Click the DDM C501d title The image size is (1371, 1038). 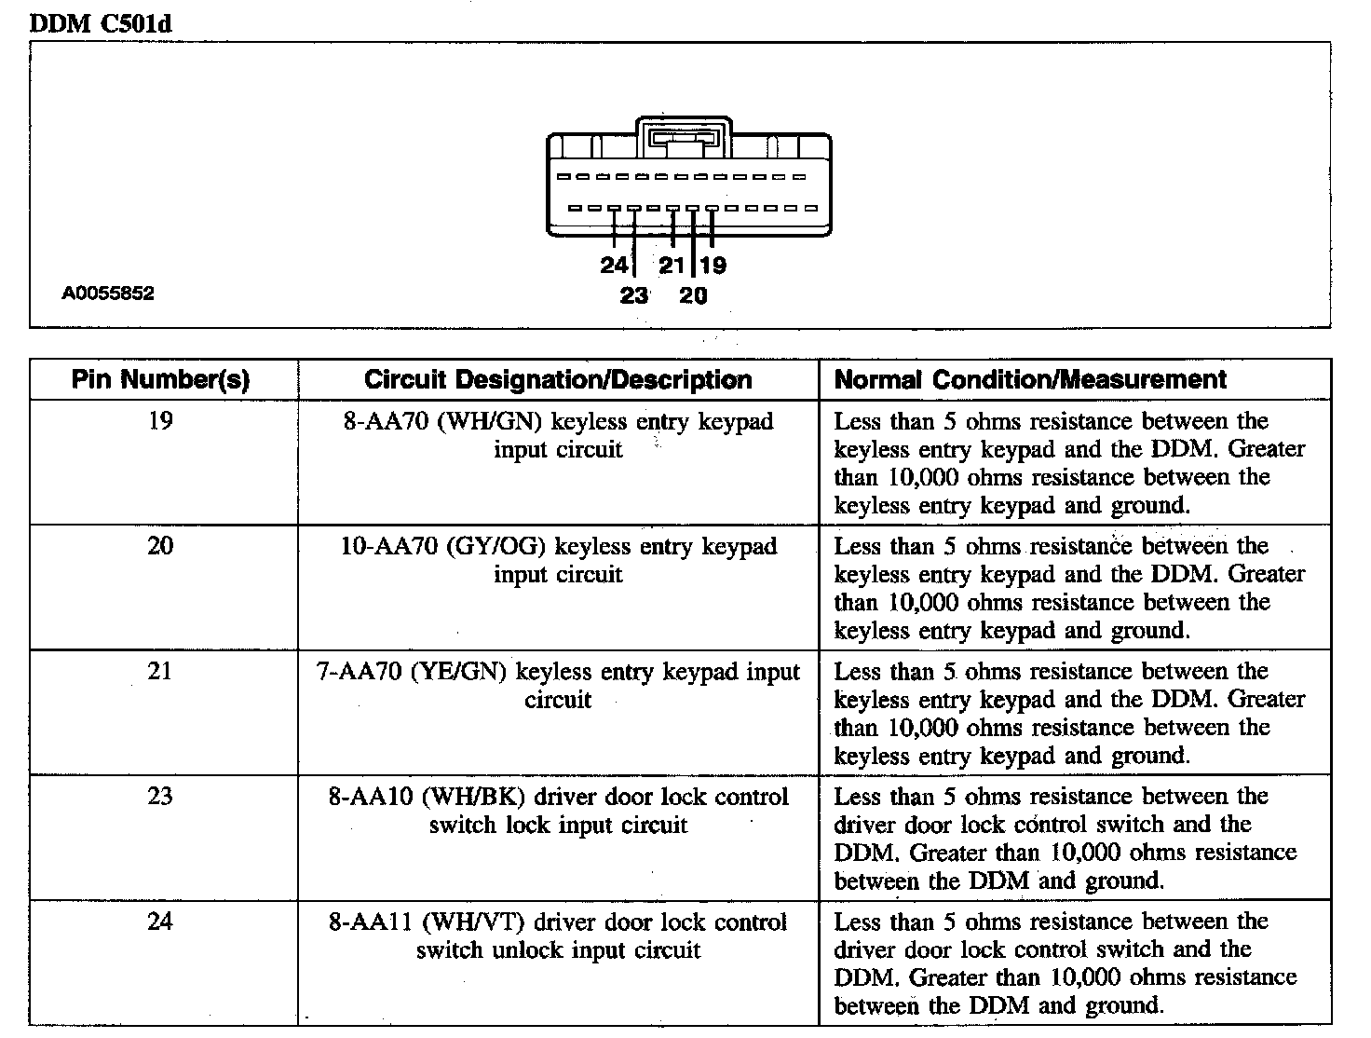pos(102,23)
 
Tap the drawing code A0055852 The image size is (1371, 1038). pos(108,294)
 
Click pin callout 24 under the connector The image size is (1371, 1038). pos(614,266)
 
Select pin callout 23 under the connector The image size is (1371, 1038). pos(633,295)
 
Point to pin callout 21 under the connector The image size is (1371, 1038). pos(672,266)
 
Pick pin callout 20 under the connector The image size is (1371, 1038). pos(693,295)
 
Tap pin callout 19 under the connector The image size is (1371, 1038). pos(713,266)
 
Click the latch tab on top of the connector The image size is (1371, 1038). pos(685,138)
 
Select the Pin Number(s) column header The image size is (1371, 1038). pos(161,380)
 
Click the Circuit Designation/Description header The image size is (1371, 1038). pos(558,380)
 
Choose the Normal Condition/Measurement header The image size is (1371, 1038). pos(1030,380)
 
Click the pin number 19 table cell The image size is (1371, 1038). pos(160,421)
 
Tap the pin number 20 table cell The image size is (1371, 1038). pos(160,546)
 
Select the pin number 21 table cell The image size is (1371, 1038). pos(160,671)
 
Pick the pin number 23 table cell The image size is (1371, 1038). pos(160,796)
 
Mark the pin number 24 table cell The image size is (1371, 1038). pos(160,921)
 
